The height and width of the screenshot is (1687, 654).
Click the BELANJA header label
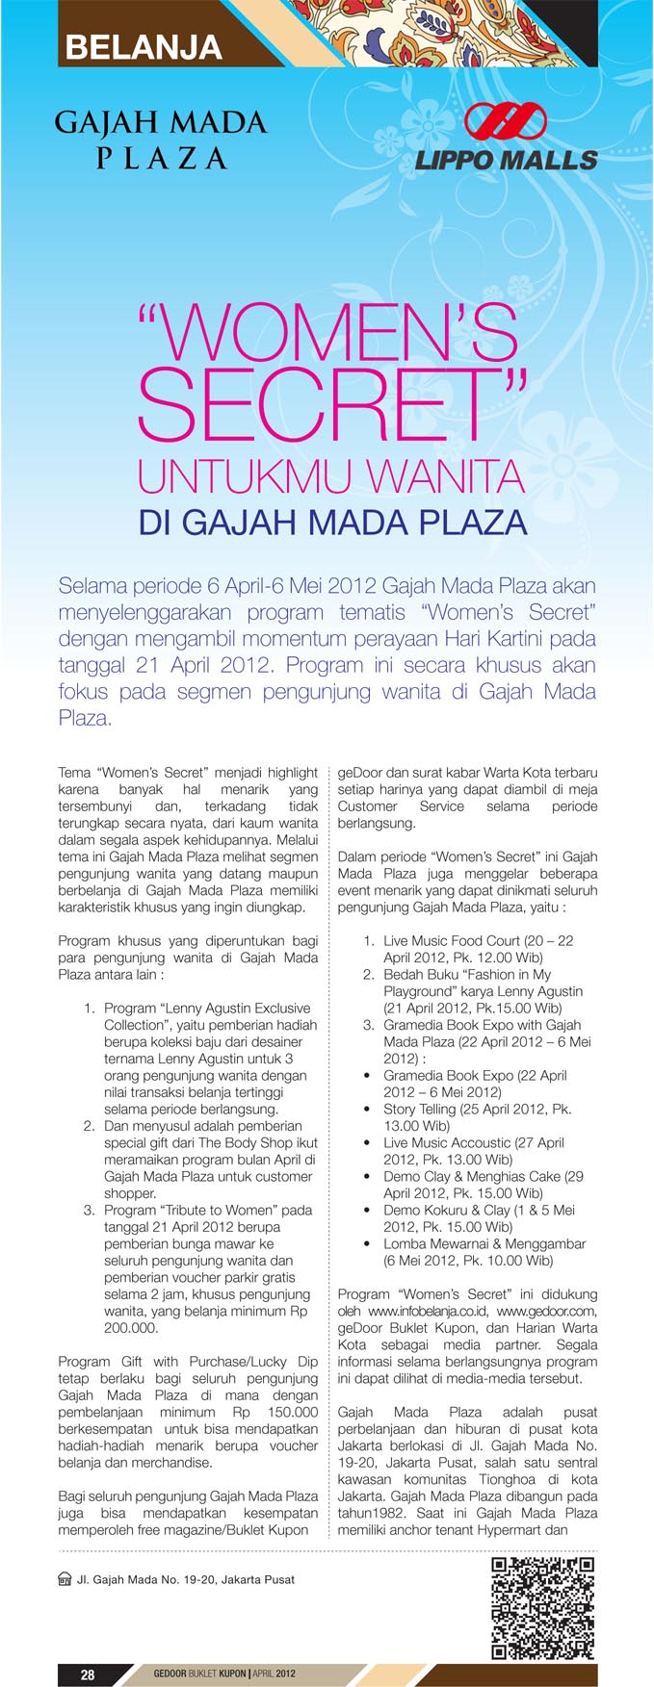coord(144,47)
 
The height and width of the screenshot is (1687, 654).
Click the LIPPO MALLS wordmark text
coord(507,160)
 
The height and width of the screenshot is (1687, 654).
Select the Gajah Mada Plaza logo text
coord(161,140)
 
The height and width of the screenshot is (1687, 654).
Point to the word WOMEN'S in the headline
coord(337,333)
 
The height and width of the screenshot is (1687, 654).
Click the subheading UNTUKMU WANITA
coord(330,475)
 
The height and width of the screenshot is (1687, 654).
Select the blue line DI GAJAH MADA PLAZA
coord(332,523)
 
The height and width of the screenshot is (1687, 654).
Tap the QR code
coord(542,1608)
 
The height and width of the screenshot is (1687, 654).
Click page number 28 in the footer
coord(88,1674)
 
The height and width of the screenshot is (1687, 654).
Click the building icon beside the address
coord(65,1579)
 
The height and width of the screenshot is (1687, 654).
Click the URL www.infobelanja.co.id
coord(429,1311)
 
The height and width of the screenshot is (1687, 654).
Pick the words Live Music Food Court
coord(452,940)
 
